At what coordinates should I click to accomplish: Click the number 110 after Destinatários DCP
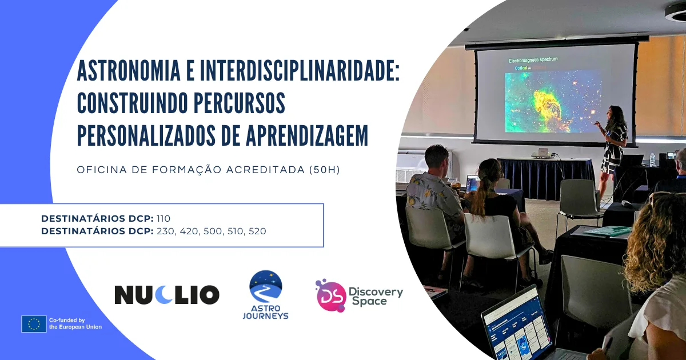[163, 218]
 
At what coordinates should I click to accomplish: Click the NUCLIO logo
[167, 294]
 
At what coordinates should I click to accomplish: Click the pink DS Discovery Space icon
[330, 295]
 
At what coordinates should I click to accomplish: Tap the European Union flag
[34, 324]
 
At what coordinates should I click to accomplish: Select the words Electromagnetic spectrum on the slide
[533, 59]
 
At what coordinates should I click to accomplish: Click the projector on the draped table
[541, 154]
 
